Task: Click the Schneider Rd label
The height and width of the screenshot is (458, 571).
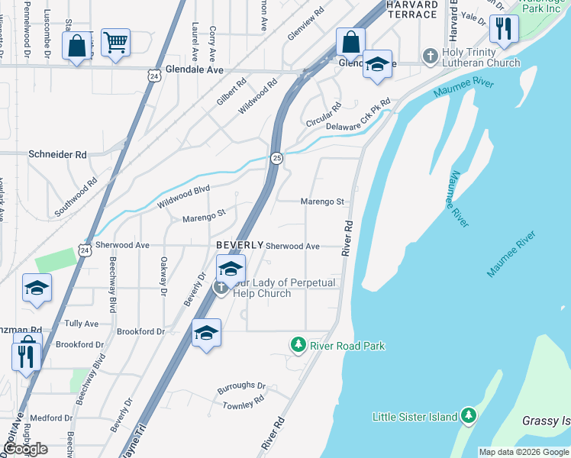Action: [x=58, y=154]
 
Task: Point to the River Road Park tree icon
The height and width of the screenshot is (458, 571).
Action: [x=298, y=346]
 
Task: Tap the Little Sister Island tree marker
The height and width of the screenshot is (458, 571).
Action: [x=469, y=416]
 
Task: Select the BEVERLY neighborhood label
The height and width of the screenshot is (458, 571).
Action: [x=240, y=245]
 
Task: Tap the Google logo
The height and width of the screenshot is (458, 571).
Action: [x=26, y=448]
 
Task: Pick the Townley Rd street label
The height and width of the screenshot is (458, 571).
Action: [x=243, y=401]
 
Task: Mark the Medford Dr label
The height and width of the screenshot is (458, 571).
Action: [x=51, y=418]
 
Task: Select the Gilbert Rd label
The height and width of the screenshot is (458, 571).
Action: [x=231, y=92]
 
